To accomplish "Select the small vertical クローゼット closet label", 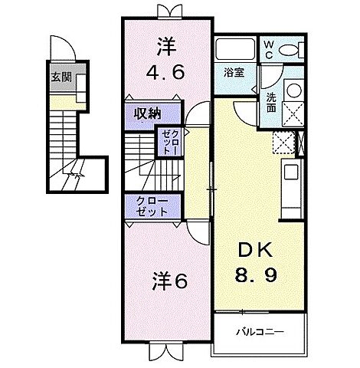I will (x=168, y=143).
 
